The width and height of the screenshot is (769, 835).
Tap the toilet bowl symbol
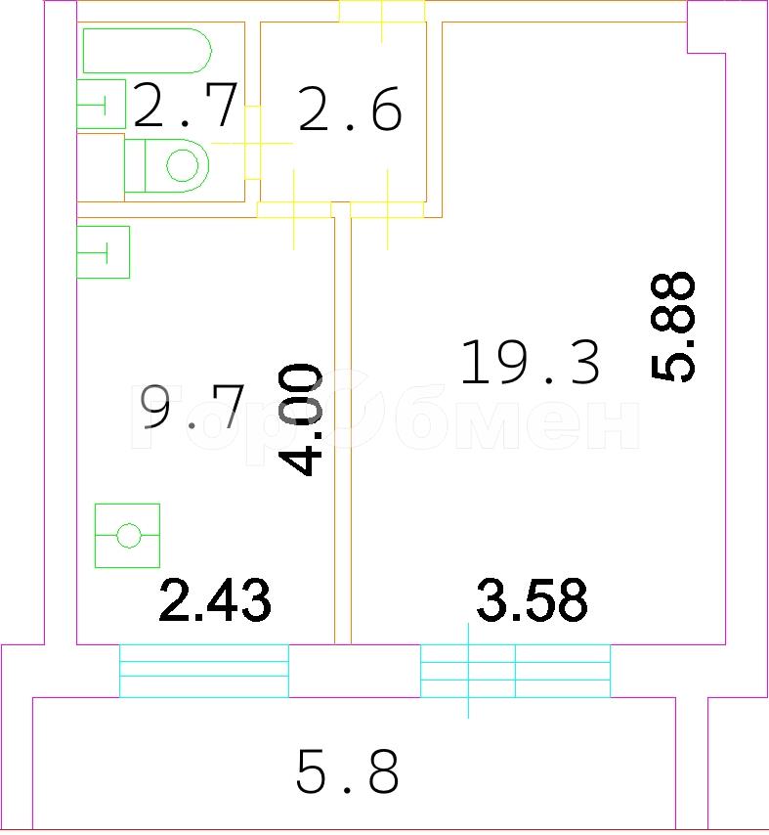tap(166, 165)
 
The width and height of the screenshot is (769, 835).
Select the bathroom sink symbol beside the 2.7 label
tap(101, 104)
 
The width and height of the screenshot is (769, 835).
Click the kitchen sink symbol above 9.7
tap(104, 252)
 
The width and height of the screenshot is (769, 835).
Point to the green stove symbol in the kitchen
tap(127, 535)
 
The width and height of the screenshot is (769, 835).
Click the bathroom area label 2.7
tap(185, 105)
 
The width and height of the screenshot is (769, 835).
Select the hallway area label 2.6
tap(350, 109)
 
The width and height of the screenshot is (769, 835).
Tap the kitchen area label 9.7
tap(192, 407)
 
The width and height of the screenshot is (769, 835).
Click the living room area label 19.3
tap(530, 362)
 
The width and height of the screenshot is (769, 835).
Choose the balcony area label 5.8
tap(347, 771)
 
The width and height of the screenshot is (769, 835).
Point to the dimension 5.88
tap(672, 327)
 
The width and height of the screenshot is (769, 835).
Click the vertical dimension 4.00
tap(300, 419)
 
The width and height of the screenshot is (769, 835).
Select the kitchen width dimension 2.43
tap(215, 600)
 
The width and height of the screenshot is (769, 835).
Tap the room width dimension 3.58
tap(532, 600)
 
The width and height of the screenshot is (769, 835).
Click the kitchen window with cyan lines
tap(204, 671)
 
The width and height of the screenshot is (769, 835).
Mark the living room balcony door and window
tap(515, 671)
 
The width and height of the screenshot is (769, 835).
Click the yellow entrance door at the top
tap(382, 12)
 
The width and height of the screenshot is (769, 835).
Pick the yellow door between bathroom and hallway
tap(252, 143)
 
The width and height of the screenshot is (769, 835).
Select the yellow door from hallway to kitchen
tap(294, 210)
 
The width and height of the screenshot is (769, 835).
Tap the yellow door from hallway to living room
tap(387, 210)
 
